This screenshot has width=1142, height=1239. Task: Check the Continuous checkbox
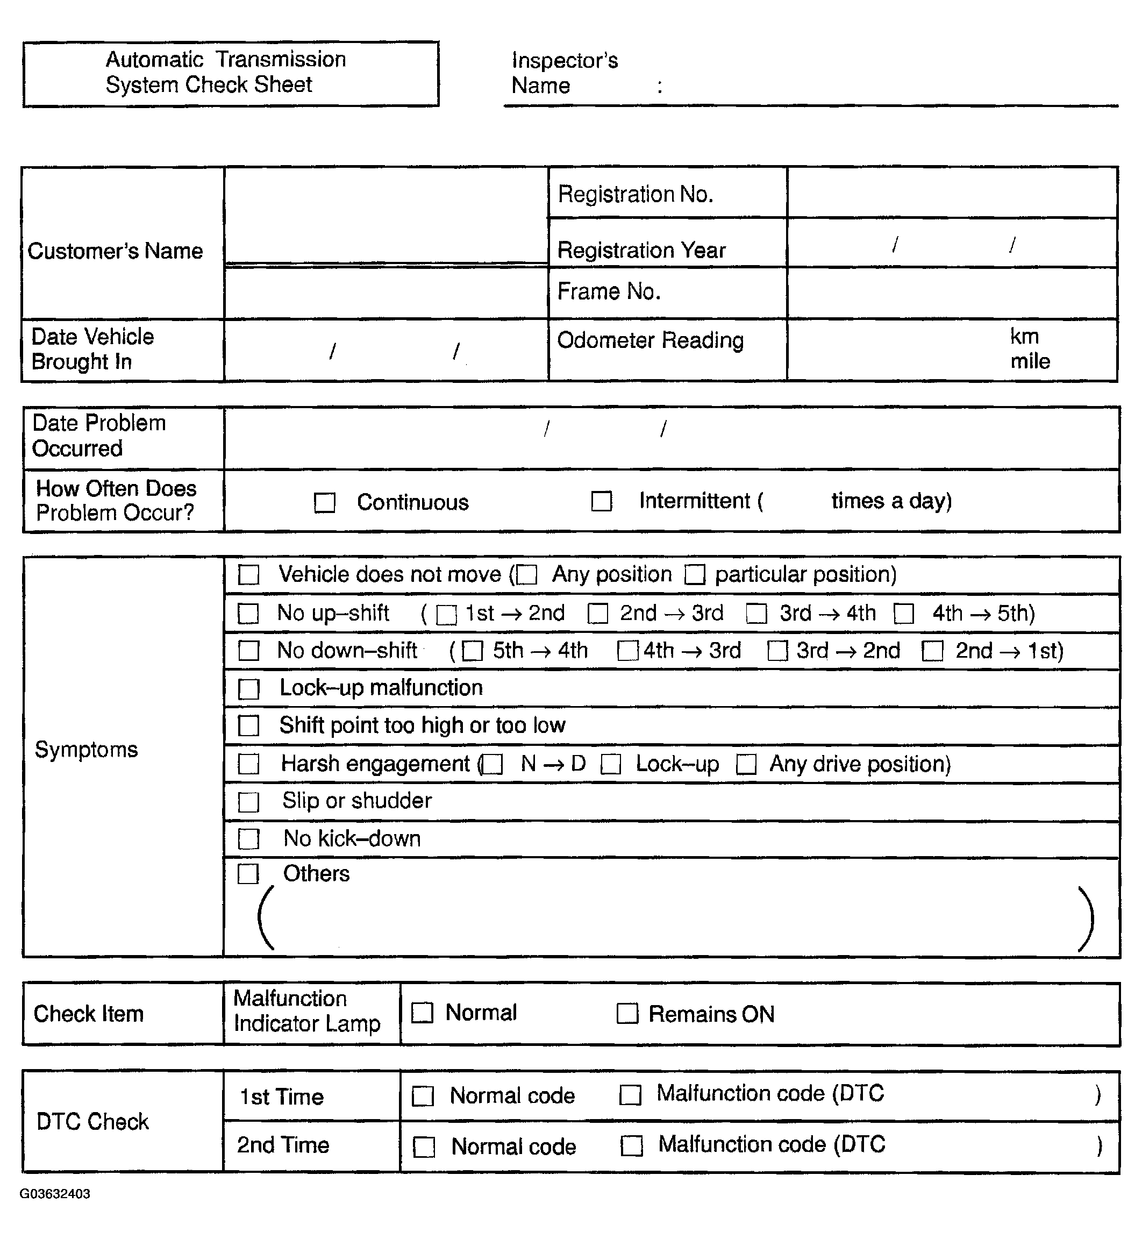pyautogui.click(x=324, y=502)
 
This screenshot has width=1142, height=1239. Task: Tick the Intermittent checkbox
pyautogui.click(x=601, y=501)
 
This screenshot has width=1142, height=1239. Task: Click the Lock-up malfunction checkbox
pyautogui.click(x=248, y=689)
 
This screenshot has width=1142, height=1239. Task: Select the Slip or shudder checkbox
pyautogui.click(x=248, y=802)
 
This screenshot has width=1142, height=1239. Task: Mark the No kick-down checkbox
pyautogui.click(x=248, y=839)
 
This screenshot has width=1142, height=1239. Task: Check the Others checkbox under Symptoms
pyautogui.click(x=248, y=874)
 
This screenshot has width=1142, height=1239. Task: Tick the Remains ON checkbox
pyautogui.click(x=627, y=1014)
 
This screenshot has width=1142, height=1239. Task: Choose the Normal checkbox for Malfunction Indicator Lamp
pyautogui.click(x=422, y=1013)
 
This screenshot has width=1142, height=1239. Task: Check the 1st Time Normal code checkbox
pyautogui.click(x=423, y=1096)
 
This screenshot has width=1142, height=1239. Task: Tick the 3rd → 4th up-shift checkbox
pyautogui.click(x=756, y=614)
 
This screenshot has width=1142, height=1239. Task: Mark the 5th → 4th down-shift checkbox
pyautogui.click(x=472, y=651)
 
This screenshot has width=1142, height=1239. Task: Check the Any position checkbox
pyautogui.click(x=527, y=575)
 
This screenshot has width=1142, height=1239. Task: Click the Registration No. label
pyautogui.click(x=636, y=194)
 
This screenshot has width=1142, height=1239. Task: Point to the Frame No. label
pyautogui.click(x=609, y=291)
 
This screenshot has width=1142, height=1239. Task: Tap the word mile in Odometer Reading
pyautogui.click(x=1030, y=361)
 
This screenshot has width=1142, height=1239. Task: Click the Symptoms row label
pyautogui.click(x=86, y=750)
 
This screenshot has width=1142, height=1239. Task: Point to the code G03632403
pyautogui.click(x=54, y=1194)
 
